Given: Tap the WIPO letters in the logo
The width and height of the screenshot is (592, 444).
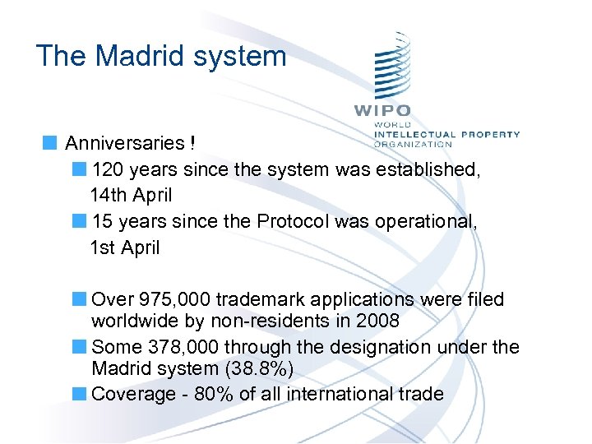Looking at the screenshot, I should tap(382, 110).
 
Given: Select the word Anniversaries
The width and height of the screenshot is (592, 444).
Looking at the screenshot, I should tap(125, 144).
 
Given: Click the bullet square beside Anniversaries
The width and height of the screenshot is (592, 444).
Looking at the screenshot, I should tap(51, 142).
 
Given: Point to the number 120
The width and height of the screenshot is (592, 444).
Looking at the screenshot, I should tap(107, 170).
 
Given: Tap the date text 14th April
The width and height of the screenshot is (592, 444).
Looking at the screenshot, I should tap(132, 196).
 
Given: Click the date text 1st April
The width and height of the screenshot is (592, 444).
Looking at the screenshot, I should tap(126, 247).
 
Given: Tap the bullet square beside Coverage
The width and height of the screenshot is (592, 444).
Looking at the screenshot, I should tap(79, 393).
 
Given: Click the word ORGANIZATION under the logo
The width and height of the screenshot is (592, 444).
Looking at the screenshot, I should tap(413, 144).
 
